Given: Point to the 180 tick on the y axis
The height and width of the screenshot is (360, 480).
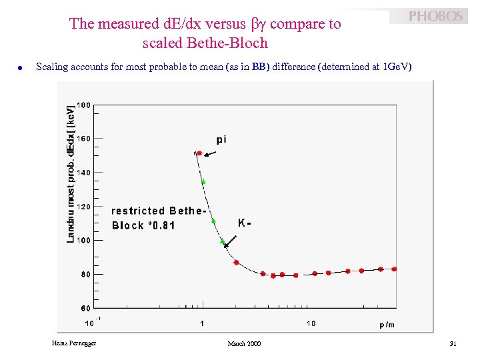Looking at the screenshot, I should [x=84, y=105].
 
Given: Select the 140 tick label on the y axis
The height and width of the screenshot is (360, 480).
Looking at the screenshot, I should [x=84, y=173].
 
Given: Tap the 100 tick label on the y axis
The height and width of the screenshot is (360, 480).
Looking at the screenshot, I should [x=84, y=240].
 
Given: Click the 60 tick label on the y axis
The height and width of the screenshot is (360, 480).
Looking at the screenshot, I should [x=85, y=308].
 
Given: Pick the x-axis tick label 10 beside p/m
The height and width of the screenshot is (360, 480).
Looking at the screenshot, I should [x=311, y=324].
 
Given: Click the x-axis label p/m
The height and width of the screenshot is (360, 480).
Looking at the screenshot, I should [x=387, y=325].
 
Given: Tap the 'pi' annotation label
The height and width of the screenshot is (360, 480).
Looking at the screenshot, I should [x=221, y=139].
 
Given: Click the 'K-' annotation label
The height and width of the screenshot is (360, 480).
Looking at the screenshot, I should [x=244, y=223].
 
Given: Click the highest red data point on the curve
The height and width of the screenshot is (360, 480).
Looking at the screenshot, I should [x=199, y=153].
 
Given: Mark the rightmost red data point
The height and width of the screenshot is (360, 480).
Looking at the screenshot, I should [x=394, y=269].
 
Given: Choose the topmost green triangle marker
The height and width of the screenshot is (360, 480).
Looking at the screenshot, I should [x=203, y=181].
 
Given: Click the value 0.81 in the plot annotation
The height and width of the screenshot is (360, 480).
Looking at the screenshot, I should [x=163, y=225].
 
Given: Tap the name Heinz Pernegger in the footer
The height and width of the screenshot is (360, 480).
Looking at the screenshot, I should [x=73, y=343].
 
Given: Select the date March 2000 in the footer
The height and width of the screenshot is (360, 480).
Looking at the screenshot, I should [x=244, y=343].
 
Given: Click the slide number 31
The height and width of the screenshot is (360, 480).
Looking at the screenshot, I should [x=453, y=343].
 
